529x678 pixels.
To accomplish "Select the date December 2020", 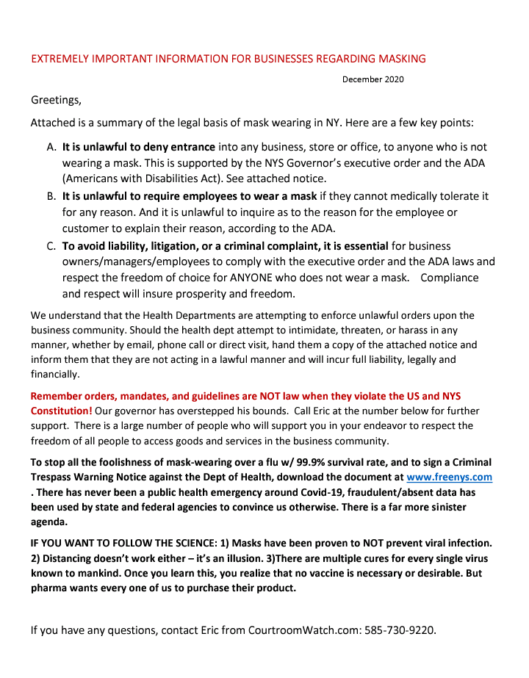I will click(x=373, y=79).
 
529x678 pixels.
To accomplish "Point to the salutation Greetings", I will click(x=56, y=99).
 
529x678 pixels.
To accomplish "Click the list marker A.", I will click(x=51, y=147).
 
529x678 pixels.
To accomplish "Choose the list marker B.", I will click(x=51, y=196).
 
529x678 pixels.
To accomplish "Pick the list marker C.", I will click(x=51, y=246).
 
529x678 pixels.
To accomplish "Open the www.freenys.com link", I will click(x=449, y=477).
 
